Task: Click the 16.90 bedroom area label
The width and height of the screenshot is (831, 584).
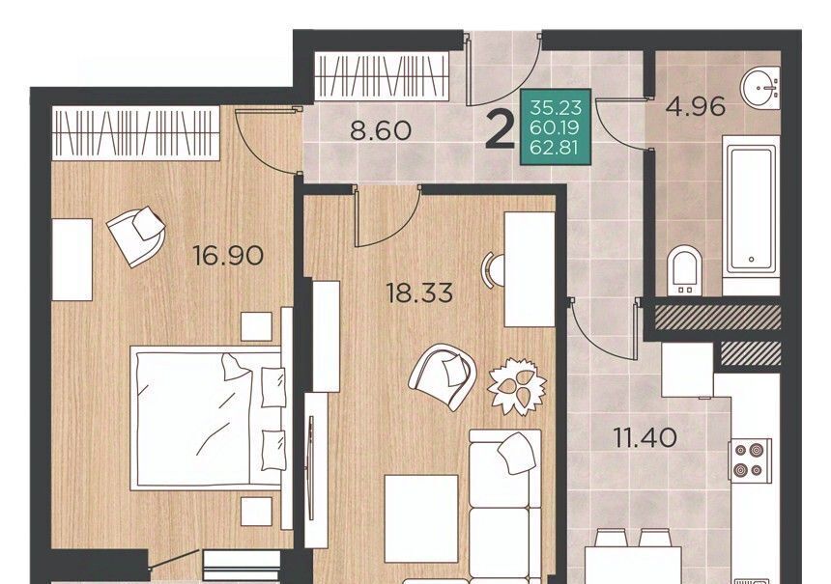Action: [228, 256]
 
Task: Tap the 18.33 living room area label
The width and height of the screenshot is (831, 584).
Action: [420, 292]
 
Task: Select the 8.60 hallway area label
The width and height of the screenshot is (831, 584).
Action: [381, 130]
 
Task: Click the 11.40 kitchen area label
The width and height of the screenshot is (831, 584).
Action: [645, 438]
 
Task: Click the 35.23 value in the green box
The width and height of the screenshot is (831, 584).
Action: [557, 108]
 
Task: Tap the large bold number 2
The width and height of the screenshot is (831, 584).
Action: [501, 130]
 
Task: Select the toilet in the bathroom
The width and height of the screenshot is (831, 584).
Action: [684, 270]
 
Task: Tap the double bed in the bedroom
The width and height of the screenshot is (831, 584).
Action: [208, 418]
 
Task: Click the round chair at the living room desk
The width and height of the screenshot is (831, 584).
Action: [492, 270]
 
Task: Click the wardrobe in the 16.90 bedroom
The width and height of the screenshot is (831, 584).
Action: [135, 132]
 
